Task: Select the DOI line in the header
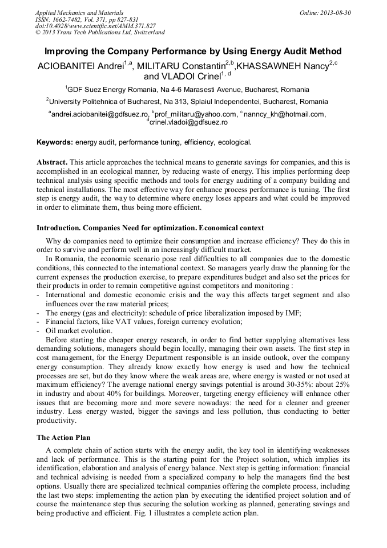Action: (95, 26)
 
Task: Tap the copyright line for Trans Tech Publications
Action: (100, 33)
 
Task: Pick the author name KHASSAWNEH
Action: (269, 66)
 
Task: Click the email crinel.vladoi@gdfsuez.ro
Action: (188, 122)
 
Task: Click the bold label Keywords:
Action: (55, 142)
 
